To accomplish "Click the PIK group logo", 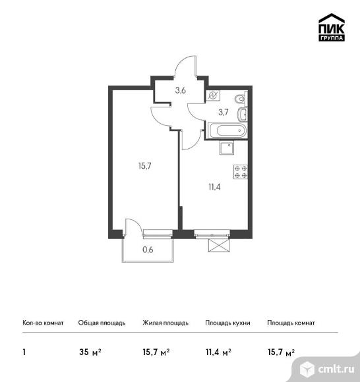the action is [332, 27].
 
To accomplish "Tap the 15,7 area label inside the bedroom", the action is [145, 166].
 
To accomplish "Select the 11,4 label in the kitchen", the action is [214, 187].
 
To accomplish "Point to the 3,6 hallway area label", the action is [181, 91].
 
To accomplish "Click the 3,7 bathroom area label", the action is [224, 113].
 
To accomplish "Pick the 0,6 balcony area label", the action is [148, 250].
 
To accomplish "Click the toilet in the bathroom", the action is [241, 99].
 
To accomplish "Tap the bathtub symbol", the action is [227, 130].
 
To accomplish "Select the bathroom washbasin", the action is [242, 114].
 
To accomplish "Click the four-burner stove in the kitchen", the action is [241, 172].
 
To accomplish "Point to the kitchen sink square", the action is [227, 148].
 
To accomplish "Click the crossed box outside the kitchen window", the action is [219, 245].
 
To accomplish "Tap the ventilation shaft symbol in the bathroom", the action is [213, 95].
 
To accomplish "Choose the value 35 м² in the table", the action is [90, 352].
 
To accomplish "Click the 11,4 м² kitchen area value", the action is [218, 352].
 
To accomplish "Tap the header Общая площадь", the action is [102, 323].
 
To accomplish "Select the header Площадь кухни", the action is [227, 323].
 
